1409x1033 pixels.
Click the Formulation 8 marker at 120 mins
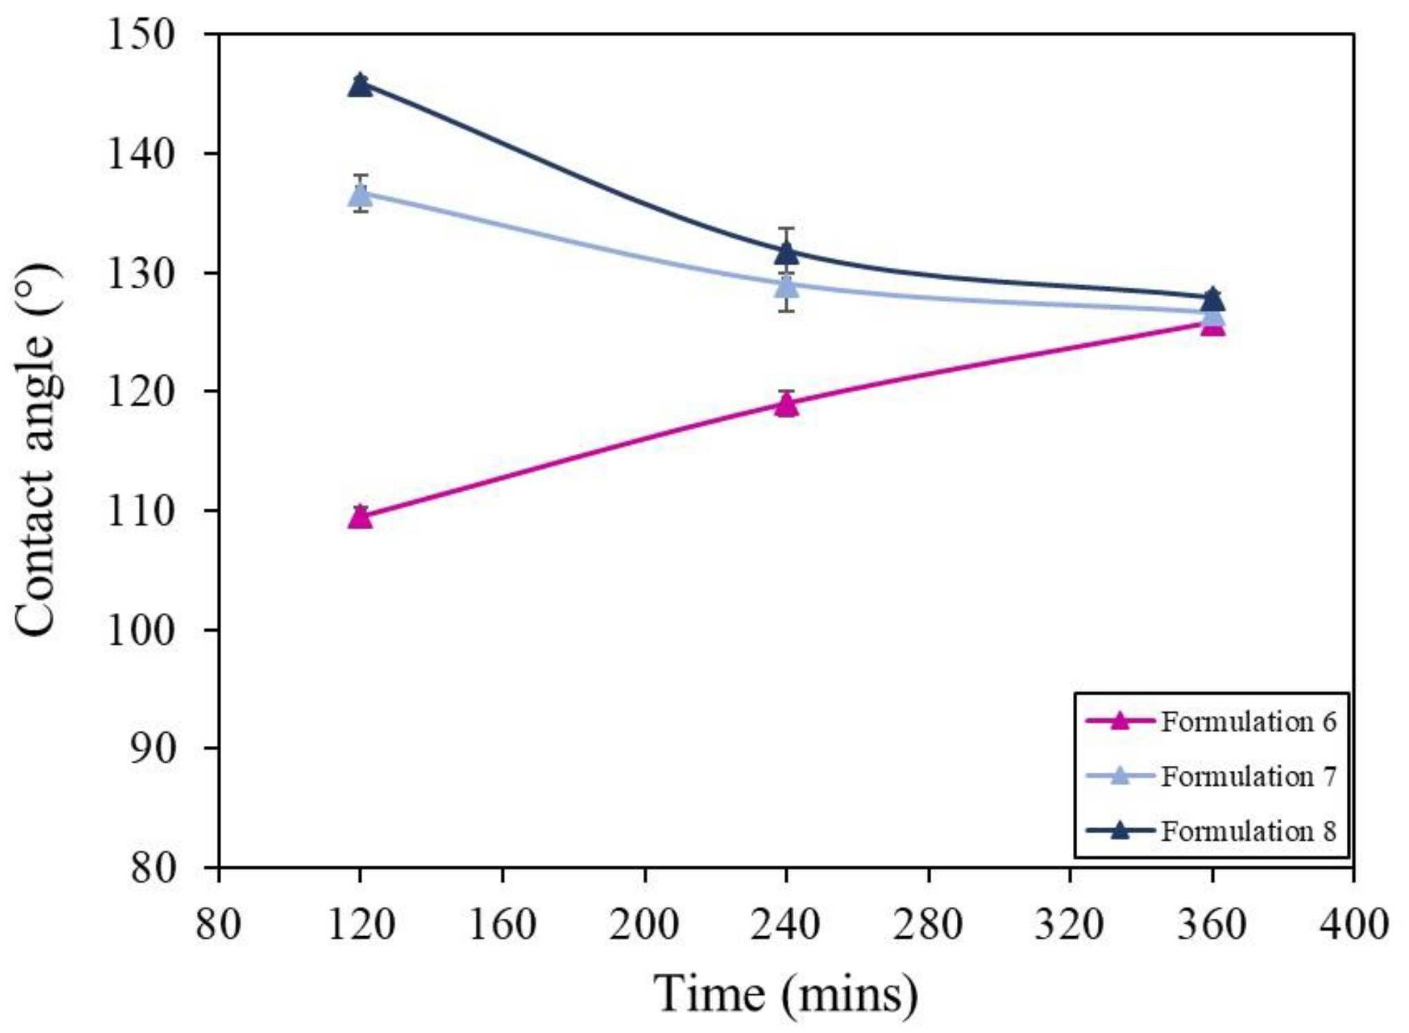(360, 85)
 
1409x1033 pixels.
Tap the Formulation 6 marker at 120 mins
(360, 517)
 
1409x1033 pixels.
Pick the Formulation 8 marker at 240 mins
(786, 253)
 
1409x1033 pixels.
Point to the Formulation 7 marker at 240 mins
(786, 284)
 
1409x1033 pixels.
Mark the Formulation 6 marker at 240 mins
(786, 404)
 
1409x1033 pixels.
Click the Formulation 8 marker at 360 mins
(1212, 300)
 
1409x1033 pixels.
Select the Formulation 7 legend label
(1248, 776)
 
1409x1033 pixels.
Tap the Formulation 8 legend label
(1248, 831)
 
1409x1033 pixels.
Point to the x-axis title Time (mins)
(785, 994)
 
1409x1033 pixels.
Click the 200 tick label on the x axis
(644, 924)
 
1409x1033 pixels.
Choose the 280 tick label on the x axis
(928, 924)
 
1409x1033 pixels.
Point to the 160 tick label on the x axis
(502, 924)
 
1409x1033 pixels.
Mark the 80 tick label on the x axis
(218, 924)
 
